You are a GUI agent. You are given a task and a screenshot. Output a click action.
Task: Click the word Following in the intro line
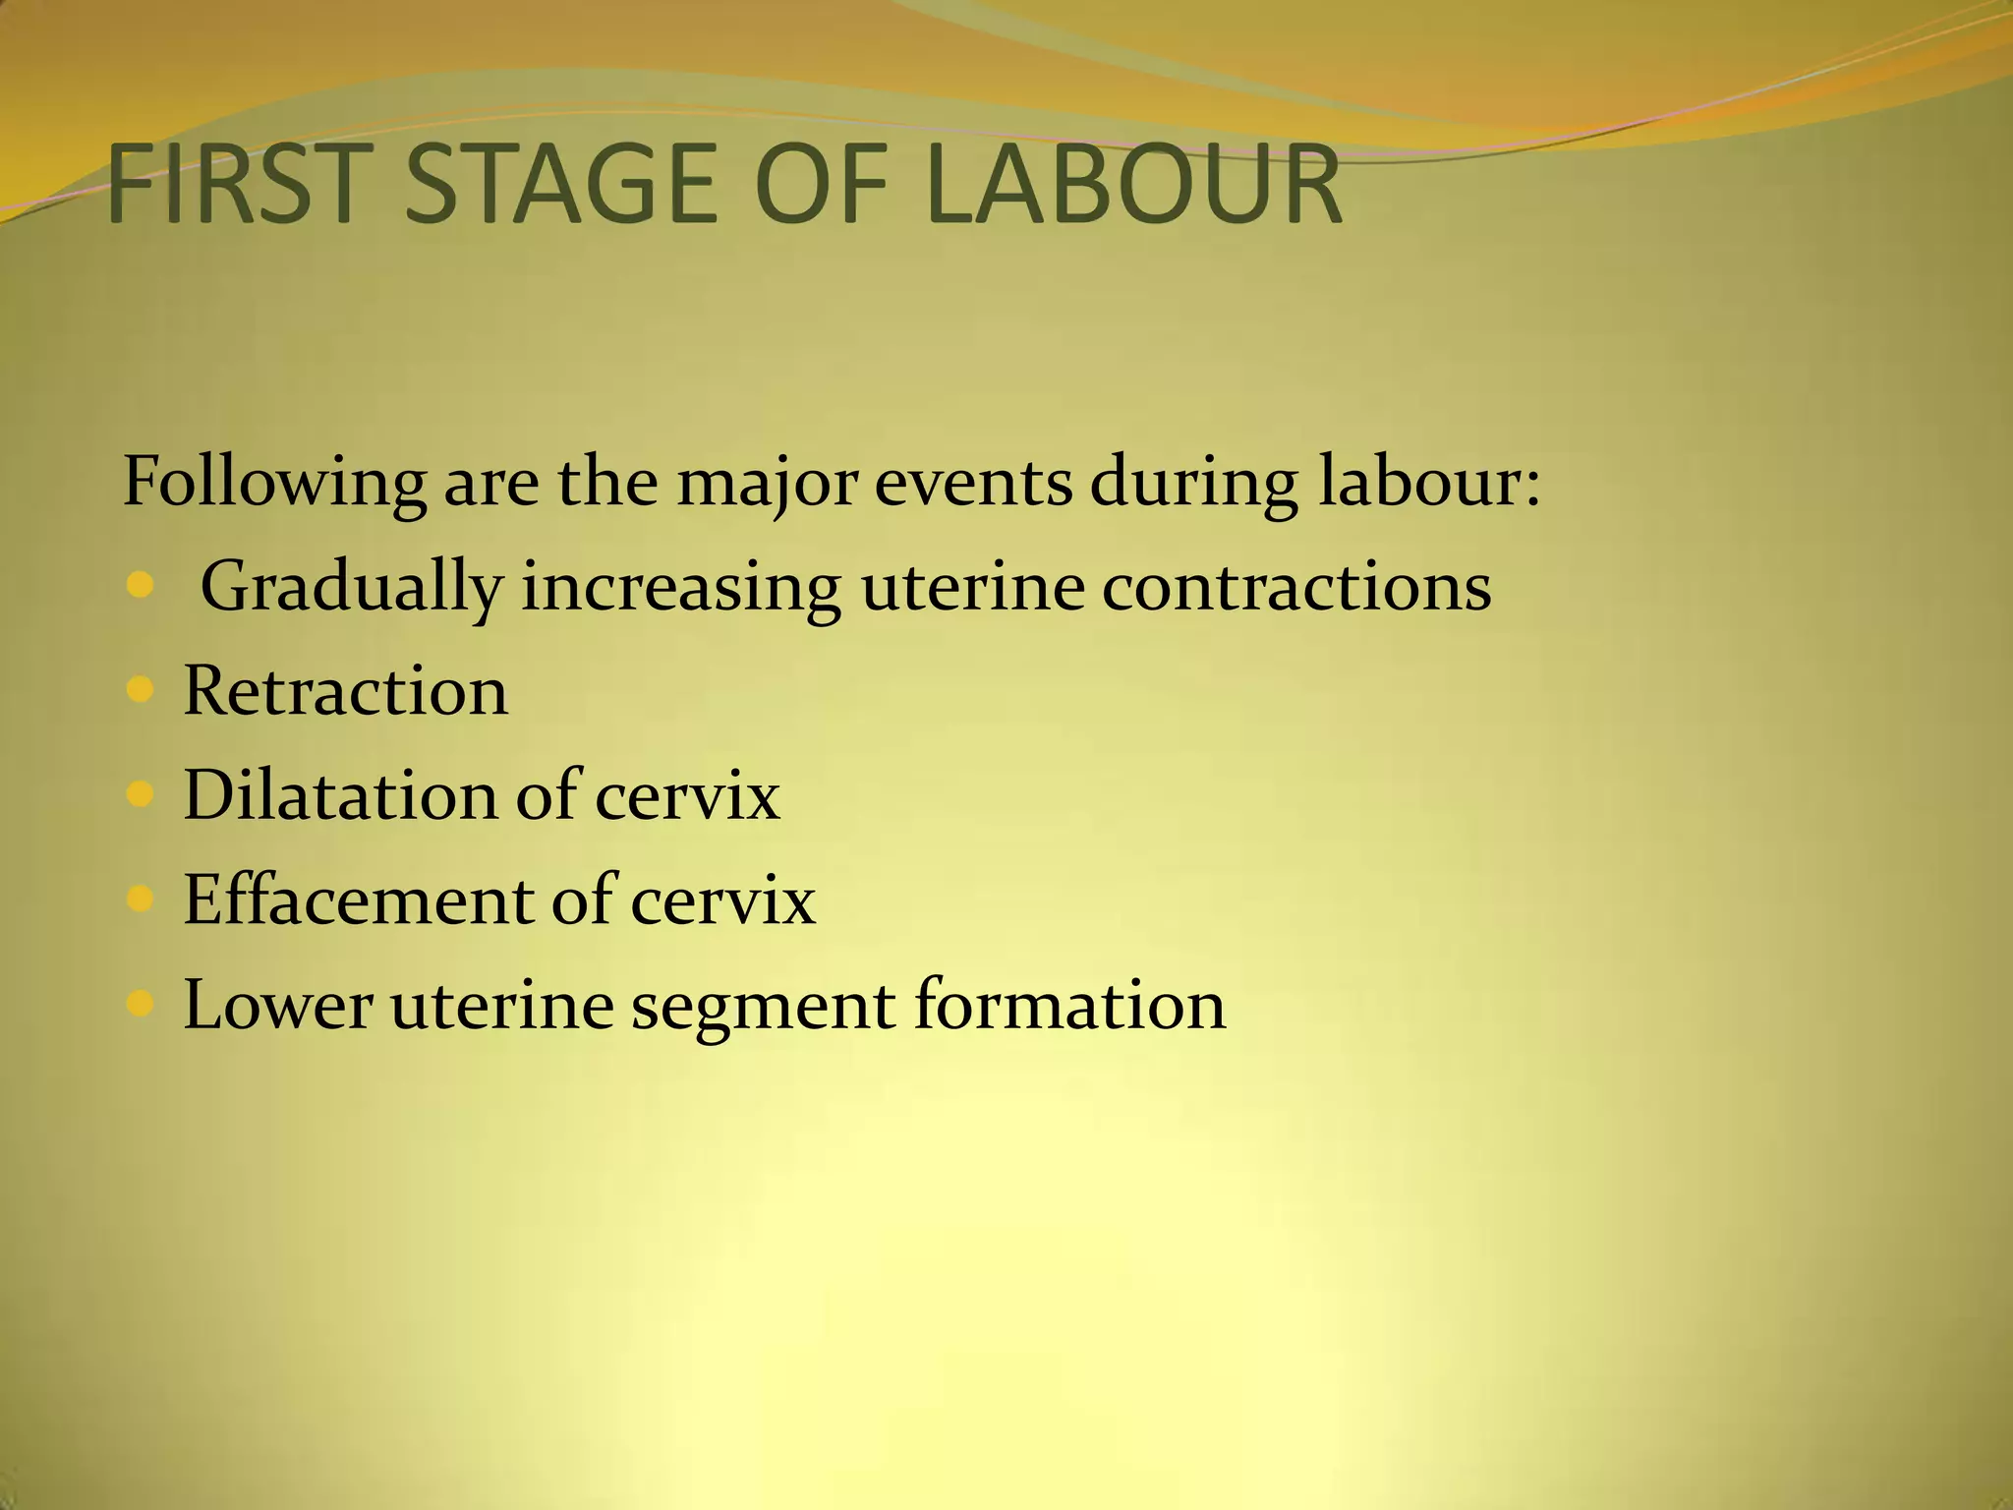click(274, 484)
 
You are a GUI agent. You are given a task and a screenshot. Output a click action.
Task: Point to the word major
click(767, 484)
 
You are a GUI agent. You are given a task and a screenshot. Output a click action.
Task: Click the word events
click(973, 484)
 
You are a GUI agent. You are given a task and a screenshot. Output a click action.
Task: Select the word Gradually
click(351, 588)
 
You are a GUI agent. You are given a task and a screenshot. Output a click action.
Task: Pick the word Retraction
click(346, 690)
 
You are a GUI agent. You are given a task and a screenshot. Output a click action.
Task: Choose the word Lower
click(278, 1004)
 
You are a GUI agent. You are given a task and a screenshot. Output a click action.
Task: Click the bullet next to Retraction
click(142, 690)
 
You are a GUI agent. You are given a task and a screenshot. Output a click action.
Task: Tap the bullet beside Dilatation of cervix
click(142, 794)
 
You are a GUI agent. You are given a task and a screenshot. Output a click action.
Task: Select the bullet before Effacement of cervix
click(142, 899)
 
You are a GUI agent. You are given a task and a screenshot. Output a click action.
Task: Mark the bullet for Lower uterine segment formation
click(142, 1004)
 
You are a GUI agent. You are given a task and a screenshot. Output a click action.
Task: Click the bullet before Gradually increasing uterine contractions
click(142, 586)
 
